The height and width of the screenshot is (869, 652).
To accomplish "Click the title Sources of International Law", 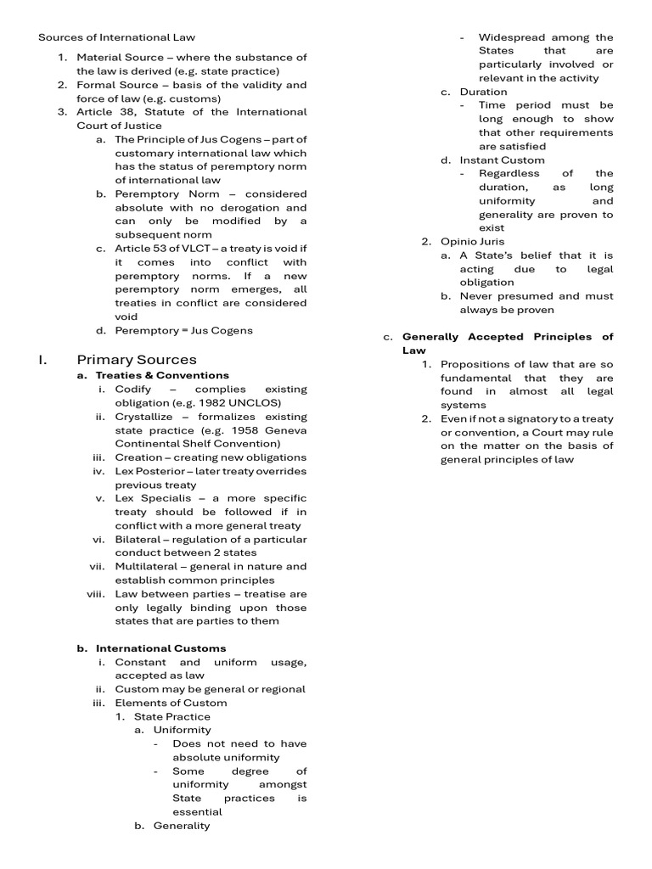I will (x=117, y=37).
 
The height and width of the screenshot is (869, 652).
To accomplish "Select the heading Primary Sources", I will (x=137, y=359).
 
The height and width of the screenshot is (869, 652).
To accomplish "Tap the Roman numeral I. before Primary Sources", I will (x=42, y=359).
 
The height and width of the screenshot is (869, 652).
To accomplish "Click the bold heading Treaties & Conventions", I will (x=162, y=375).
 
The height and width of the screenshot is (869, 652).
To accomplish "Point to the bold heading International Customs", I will (x=160, y=648).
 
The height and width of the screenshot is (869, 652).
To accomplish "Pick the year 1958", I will (x=222, y=430).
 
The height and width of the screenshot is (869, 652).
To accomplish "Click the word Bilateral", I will (x=138, y=539).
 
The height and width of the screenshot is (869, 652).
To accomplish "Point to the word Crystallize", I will (x=143, y=417).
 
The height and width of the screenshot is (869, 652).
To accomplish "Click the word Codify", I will (x=133, y=389).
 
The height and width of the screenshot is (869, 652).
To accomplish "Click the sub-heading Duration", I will (x=484, y=92).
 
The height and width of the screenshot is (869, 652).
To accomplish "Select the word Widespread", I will (x=510, y=37).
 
